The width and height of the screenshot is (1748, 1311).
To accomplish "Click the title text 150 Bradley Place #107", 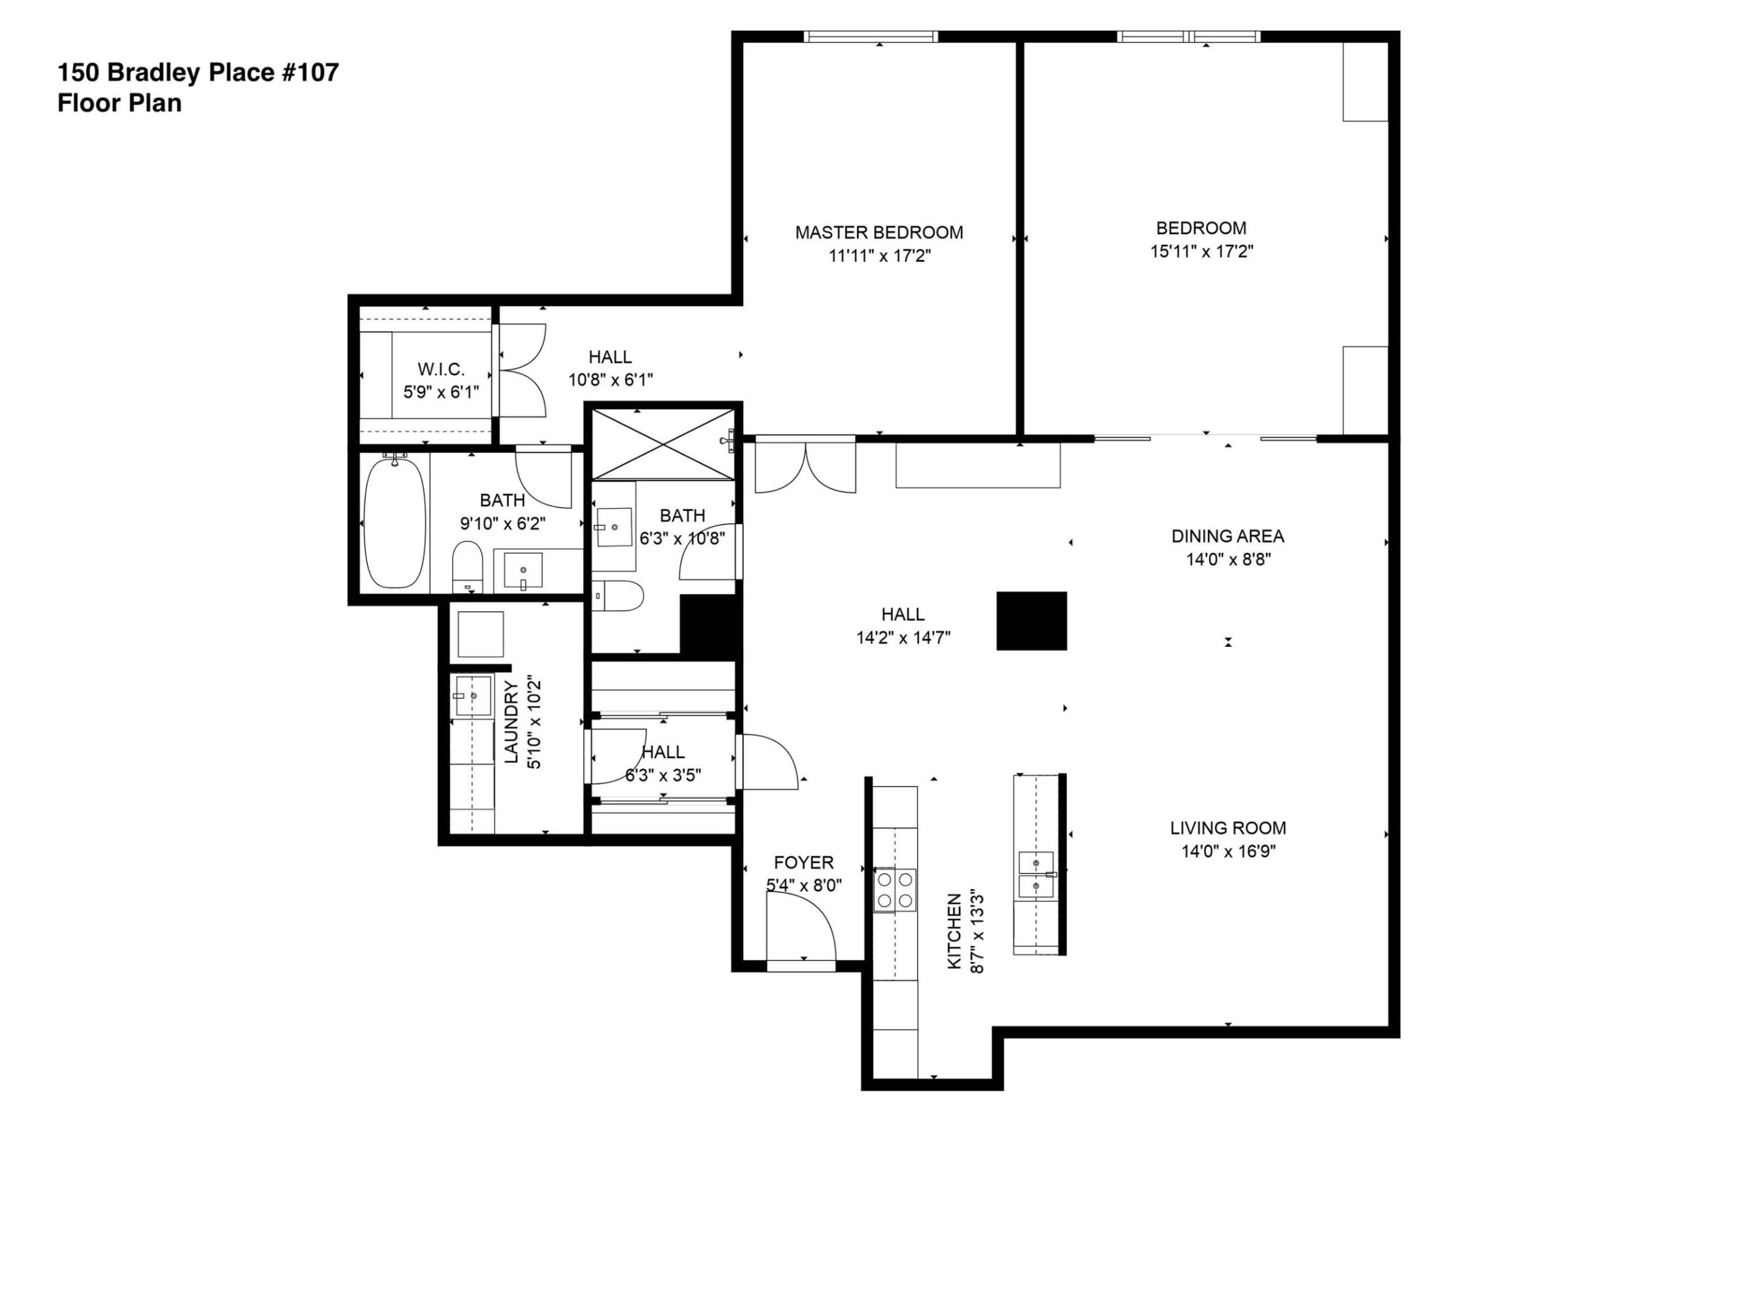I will [197, 73].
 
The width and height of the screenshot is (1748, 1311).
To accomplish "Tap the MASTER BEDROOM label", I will [879, 232].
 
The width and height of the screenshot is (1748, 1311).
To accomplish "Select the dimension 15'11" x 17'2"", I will [1201, 251].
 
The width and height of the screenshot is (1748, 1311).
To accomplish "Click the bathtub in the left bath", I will [395, 523].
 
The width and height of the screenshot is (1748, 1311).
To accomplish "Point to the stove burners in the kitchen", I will [895, 890].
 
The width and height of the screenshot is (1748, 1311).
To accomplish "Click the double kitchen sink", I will [1035, 875].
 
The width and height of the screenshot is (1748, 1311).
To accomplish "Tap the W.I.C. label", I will [441, 369].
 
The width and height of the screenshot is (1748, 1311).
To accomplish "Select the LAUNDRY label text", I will [511, 722].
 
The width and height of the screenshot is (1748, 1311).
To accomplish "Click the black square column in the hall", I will [1031, 621].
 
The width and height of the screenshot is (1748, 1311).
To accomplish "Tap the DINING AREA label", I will [1227, 536].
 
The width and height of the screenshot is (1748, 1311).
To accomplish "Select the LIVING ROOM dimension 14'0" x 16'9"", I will [1228, 851].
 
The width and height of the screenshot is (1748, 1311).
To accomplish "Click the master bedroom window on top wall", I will [871, 36].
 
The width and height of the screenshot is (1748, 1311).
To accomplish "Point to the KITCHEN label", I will [955, 931].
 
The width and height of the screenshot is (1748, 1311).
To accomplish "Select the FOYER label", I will [803, 862].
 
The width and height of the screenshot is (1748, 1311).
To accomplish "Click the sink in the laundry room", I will [473, 696].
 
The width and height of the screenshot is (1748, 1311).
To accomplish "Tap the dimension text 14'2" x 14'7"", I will [903, 637].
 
